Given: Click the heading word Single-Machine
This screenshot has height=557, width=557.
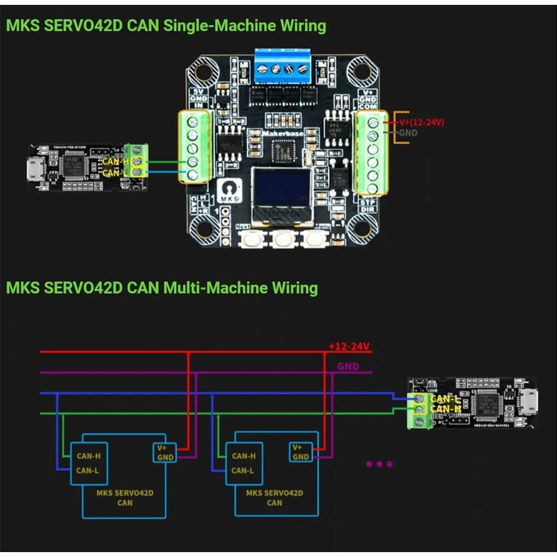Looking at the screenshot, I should [x=214, y=26].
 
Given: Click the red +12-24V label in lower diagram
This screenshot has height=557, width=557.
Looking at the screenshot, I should [x=350, y=345].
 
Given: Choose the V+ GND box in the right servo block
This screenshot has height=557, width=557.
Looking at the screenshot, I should [x=300, y=452].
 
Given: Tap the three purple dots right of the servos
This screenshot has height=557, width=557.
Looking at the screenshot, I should [x=379, y=464].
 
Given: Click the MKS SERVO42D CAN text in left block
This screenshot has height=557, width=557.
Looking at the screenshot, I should [x=125, y=497].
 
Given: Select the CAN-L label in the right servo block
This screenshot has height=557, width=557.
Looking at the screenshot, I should [x=242, y=470].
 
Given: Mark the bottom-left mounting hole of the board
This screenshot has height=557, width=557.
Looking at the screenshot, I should [x=203, y=226].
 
